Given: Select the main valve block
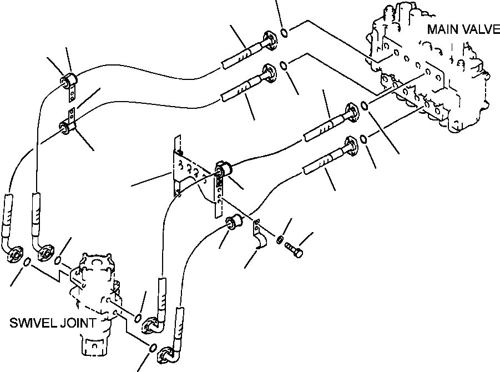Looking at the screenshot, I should point(433,72).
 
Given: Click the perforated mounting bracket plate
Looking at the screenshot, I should point(191,169).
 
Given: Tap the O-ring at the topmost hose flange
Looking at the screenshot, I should point(284,33).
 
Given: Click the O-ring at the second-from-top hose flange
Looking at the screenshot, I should point(283,66).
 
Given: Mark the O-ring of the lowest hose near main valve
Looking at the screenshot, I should point(363,138).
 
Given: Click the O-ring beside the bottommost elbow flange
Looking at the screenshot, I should point(152,348).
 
